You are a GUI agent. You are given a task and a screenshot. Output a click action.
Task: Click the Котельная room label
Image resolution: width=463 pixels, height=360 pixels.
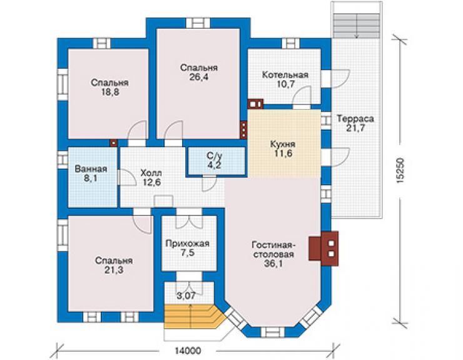pyautogui.click(x=285, y=75)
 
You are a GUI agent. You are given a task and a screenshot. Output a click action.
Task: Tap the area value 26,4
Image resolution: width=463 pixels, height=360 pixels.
pyautogui.click(x=199, y=78)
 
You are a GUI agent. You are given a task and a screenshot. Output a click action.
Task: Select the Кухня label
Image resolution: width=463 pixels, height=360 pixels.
pyautogui.click(x=283, y=145)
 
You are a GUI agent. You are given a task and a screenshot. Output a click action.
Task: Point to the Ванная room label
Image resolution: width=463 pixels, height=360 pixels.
pyautogui.click(x=91, y=170)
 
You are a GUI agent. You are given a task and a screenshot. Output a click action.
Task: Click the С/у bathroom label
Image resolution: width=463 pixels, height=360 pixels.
pyautogui.click(x=214, y=156)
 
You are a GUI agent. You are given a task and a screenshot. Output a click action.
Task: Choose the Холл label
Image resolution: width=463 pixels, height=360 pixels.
pyautogui.click(x=151, y=173)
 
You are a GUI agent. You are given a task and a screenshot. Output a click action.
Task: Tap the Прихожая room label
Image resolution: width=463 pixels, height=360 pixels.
pyautogui.click(x=187, y=244)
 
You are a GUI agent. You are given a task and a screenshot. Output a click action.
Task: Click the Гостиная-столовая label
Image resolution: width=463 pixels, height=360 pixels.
pyautogui.click(x=273, y=250)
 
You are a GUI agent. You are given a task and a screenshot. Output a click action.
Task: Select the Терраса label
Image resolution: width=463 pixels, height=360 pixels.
pyautogui.click(x=355, y=119)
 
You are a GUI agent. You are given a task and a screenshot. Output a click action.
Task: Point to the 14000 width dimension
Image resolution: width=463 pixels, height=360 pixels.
pyautogui.click(x=188, y=351)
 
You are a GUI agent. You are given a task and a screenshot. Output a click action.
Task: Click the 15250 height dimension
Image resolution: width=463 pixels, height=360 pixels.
pyautogui.click(x=400, y=172)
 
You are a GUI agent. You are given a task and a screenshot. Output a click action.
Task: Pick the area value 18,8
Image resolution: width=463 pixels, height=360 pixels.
pyautogui.click(x=110, y=92)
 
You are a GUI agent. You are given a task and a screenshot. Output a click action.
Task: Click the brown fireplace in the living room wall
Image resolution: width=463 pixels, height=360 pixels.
pyautogui.click(x=323, y=249)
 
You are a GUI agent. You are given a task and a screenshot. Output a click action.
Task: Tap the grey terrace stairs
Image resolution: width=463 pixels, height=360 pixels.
pyautogui.click(x=357, y=26)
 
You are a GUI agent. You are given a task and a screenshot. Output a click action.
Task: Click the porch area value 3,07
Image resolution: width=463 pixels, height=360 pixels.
pyautogui.click(x=186, y=296)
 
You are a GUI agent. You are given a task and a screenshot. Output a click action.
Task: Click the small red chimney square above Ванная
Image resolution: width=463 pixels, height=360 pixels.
pyautogui.click(x=114, y=143)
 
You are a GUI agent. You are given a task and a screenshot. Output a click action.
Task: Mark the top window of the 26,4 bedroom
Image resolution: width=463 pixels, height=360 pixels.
pyautogui.click(x=198, y=23)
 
